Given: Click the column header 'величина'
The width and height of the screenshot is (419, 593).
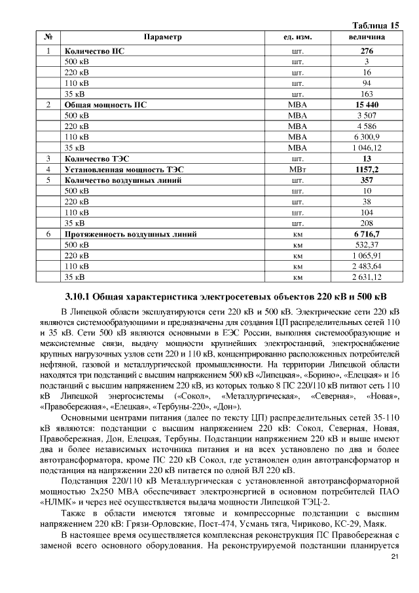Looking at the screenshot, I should [367, 37].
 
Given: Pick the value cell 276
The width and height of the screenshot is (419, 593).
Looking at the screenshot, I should [367, 50].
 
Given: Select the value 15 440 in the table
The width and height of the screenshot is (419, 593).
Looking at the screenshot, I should [367, 104].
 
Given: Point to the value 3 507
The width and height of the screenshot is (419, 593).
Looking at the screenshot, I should [367, 115].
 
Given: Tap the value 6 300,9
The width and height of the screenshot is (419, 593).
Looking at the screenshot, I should [367, 137].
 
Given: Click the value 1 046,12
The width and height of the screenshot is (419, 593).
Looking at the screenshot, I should [367, 147].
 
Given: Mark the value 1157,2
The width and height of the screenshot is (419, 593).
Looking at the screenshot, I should [367, 169].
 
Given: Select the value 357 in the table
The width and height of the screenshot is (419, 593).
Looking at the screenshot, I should [367, 180].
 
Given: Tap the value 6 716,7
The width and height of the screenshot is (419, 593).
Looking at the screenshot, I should [367, 234].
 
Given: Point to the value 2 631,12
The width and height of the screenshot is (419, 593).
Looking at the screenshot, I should [367, 277].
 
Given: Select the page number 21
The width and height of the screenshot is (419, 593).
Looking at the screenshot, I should [394, 557].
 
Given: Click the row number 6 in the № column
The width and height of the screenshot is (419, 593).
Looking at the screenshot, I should [48, 234].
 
